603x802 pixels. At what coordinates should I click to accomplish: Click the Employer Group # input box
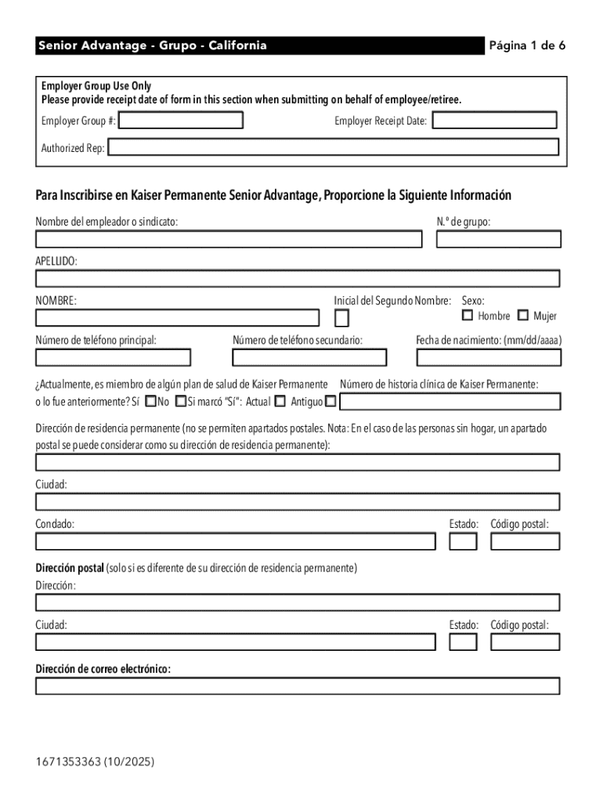(181, 121)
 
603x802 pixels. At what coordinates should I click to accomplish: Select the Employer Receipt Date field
(494, 121)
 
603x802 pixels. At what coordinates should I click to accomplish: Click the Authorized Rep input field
(334, 147)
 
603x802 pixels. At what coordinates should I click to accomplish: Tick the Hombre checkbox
(468, 316)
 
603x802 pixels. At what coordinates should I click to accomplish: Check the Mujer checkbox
(523, 316)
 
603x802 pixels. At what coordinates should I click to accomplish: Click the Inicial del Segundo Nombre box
(341, 318)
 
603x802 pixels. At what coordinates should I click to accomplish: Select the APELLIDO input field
(298, 279)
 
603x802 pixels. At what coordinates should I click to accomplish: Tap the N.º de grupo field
(498, 239)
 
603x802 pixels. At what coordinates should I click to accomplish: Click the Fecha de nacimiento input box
(489, 358)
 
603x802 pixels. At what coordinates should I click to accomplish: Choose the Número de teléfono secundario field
(309, 358)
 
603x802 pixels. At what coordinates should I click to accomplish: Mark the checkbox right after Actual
(280, 402)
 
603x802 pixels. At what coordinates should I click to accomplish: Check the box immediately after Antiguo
(330, 402)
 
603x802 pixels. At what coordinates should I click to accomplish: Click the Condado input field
(235, 541)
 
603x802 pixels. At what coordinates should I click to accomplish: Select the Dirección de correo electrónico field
(298, 686)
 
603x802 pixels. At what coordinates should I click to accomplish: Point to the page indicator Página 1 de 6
(527, 45)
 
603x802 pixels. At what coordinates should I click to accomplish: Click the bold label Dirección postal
(70, 569)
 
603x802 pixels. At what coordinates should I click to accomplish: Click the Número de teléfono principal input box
(113, 358)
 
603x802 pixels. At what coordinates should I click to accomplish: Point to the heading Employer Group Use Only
(96, 86)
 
